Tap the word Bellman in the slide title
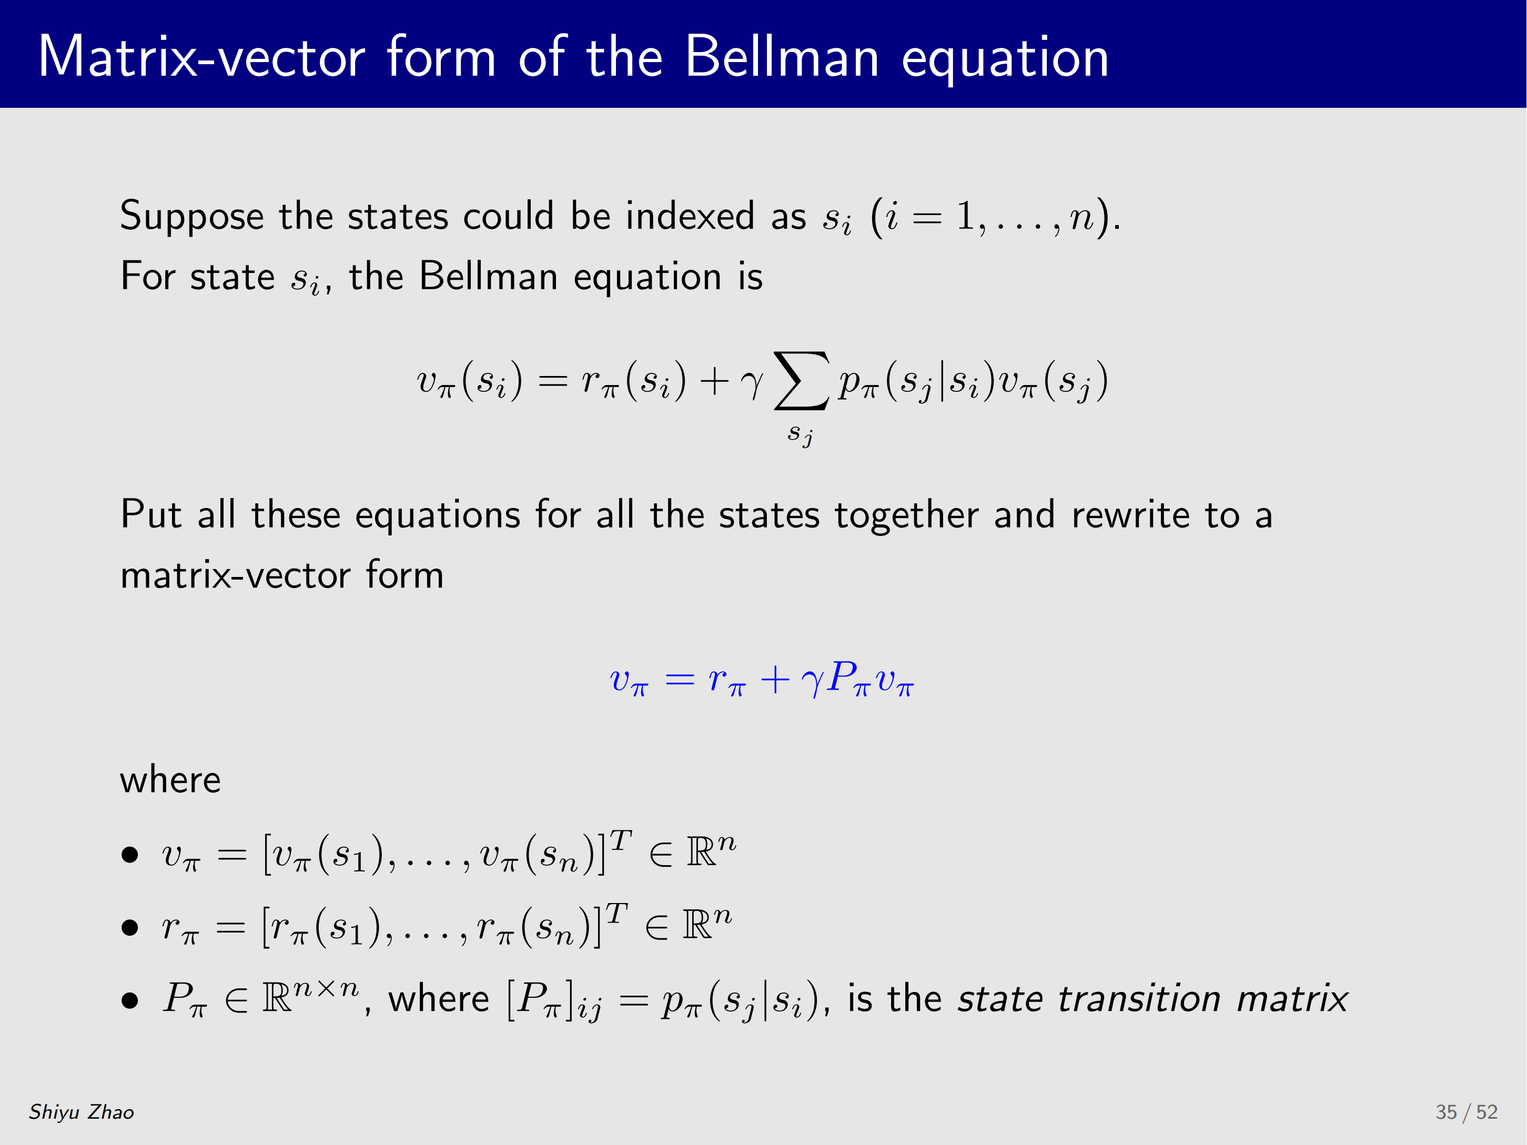coord(782,57)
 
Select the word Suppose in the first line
coord(192,217)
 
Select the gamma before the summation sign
coord(751,384)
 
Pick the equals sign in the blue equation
coord(680,680)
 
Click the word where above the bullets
coord(170,780)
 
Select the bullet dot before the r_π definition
coord(130,928)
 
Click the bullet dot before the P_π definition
coord(130,1001)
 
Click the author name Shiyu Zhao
coord(82,1112)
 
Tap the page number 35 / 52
coord(1467,1112)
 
